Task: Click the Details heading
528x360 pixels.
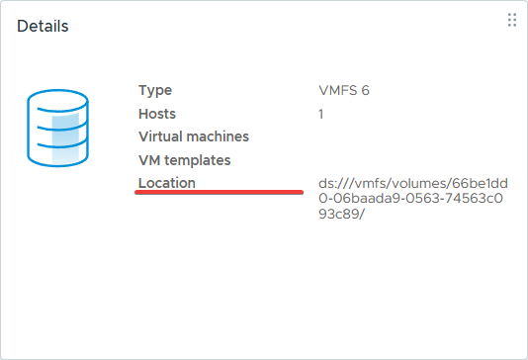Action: point(43,26)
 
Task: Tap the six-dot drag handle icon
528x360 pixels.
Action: point(512,20)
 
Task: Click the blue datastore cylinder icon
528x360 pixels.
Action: point(57,128)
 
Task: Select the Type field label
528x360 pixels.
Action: point(155,91)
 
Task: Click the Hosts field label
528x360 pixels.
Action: point(157,114)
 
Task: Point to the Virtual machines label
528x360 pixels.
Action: point(194,136)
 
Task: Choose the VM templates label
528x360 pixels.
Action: point(185,160)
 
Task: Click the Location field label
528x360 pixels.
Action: point(167,183)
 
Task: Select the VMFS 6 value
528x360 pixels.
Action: point(344,90)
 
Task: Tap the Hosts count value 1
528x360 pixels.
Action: point(321,114)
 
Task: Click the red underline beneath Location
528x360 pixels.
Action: point(219,192)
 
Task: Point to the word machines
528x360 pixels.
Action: point(218,136)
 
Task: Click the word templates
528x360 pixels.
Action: point(198,160)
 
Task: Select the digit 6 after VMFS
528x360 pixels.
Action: point(366,90)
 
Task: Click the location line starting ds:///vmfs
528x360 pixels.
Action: point(413,183)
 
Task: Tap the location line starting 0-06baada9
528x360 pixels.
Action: point(410,198)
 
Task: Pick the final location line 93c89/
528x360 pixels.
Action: point(341,214)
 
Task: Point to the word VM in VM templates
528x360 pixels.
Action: point(149,160)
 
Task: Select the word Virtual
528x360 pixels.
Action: point(160,136)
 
